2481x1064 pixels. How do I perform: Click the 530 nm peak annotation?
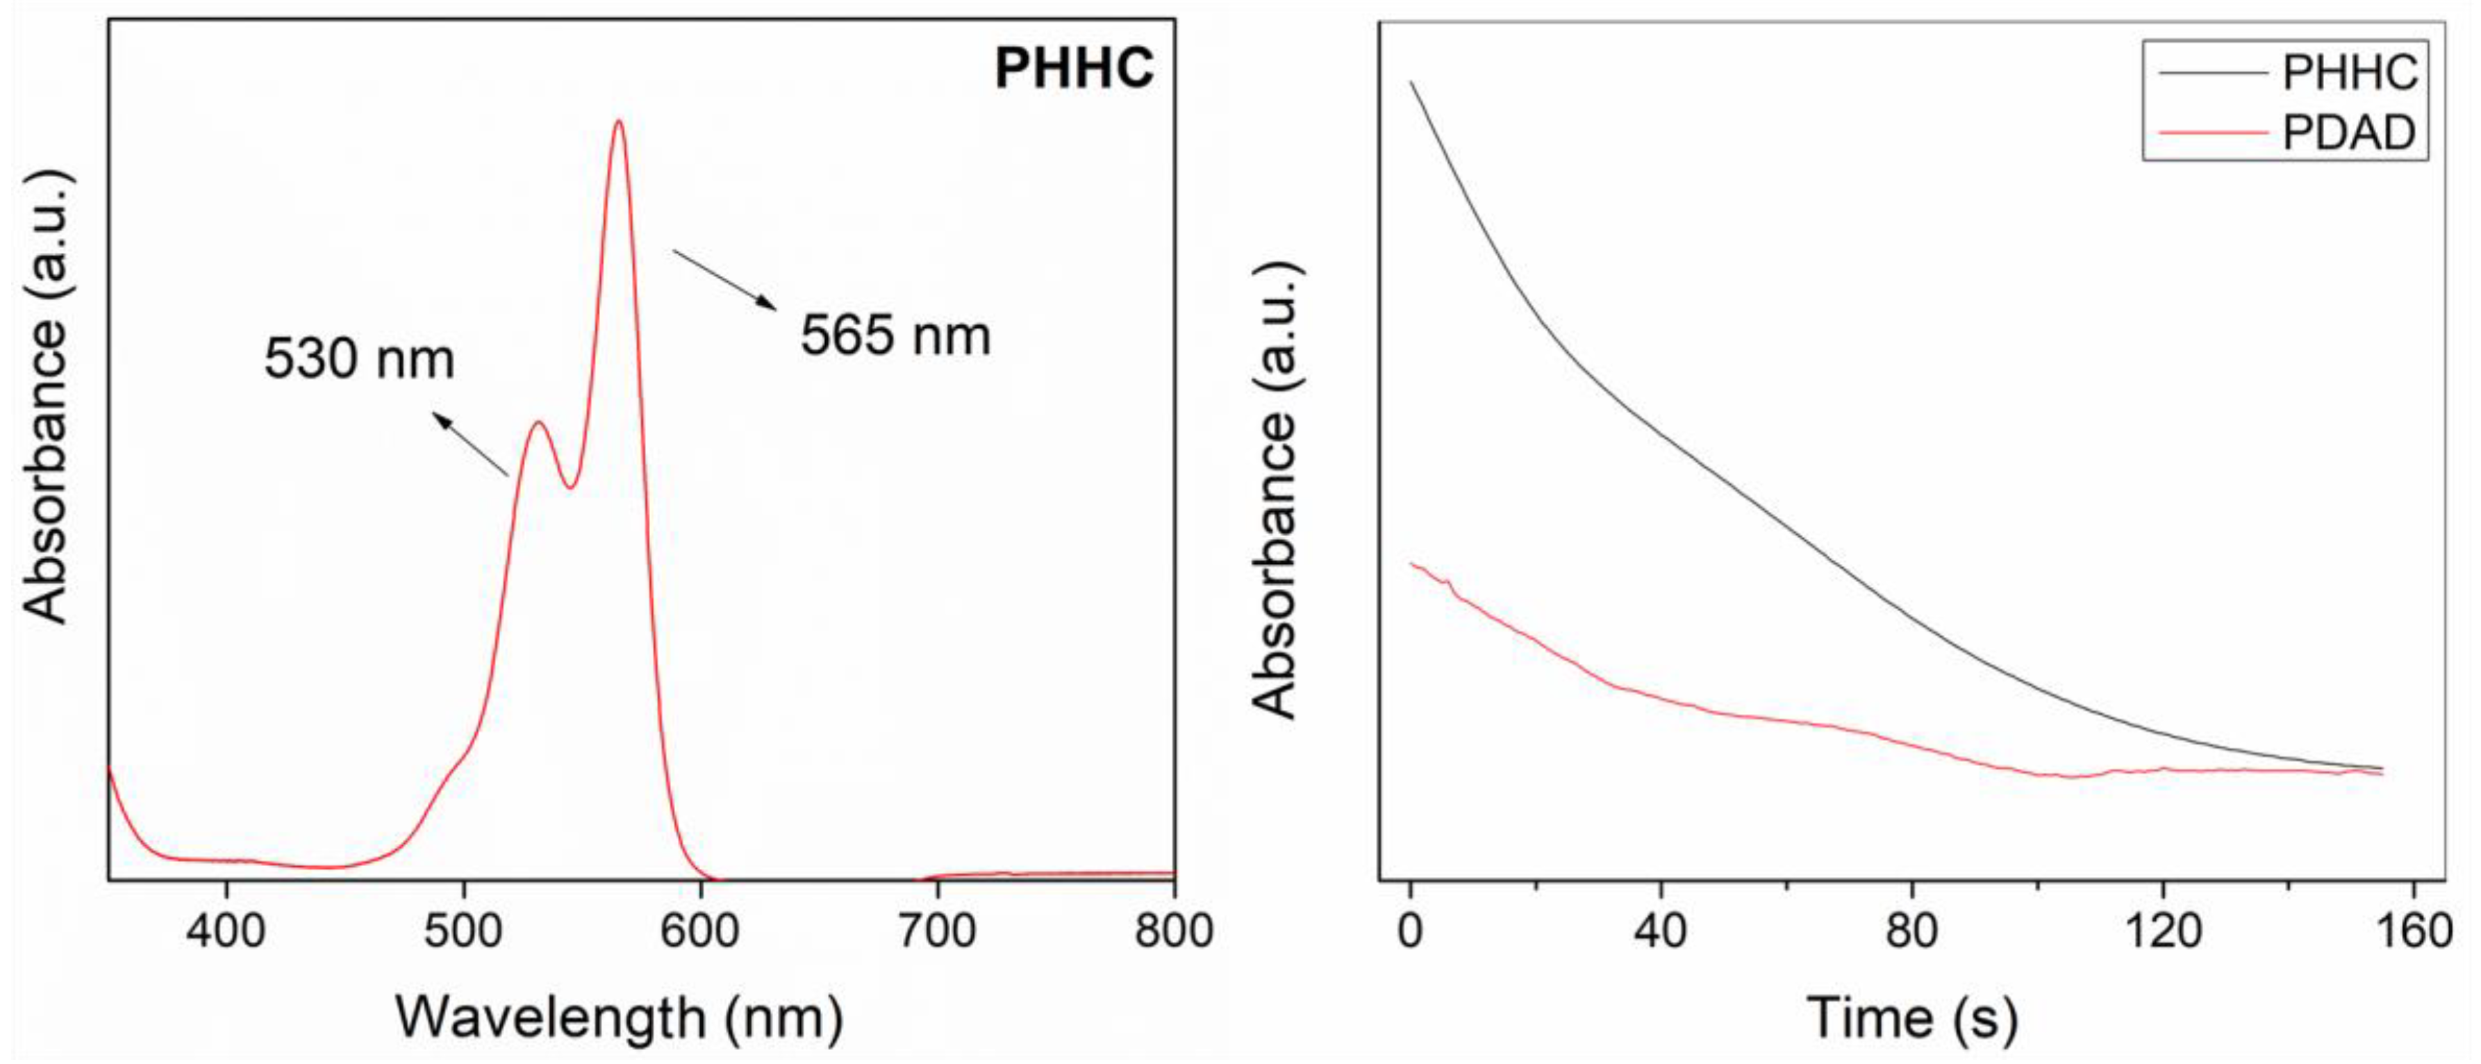pos(359,359)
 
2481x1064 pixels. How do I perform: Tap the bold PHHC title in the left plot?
pos(1073,69)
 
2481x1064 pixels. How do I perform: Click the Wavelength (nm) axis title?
pos(620,1017)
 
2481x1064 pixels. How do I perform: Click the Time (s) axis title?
pos(1911,1017)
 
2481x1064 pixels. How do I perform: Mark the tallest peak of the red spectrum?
pos(618,122)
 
